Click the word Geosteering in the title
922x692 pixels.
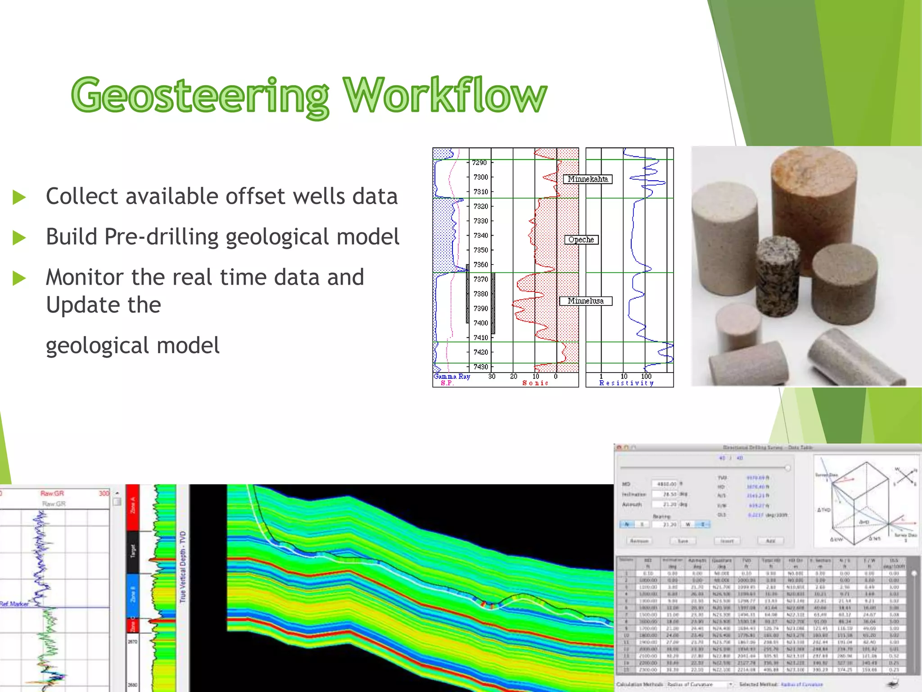point(200,96)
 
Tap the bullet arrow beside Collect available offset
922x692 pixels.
point(19,197)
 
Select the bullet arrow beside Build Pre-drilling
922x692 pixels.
point(19,237)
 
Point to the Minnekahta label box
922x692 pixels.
point(587,179)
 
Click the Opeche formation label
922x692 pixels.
point(581,240)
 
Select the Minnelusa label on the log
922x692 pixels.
point(585,301)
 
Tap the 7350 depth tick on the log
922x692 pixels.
point(480,250)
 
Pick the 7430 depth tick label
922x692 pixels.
point(480,367)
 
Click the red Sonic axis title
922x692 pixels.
point(535,383)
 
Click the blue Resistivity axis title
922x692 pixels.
point(626,383)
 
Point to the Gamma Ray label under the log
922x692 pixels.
point(452,376)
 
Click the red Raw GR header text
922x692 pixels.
point(52,493)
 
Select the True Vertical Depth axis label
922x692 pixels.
point(183,566)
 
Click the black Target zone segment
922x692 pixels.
point(133,552)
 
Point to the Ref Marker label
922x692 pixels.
point(14,604)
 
